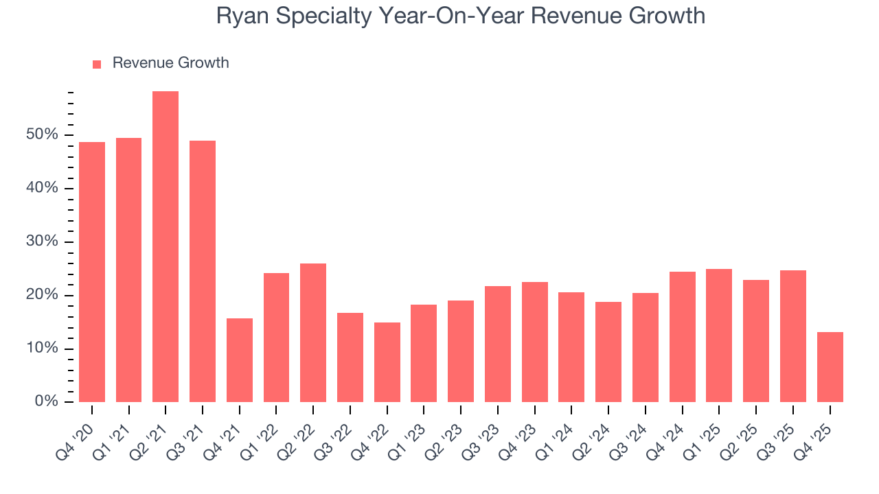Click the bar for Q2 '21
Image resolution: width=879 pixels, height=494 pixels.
(165, 247)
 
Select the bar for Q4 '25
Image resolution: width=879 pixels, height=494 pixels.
(830, 367)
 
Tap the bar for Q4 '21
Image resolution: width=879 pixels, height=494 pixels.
(240, 360)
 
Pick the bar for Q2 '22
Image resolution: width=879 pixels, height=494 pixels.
(313, 333)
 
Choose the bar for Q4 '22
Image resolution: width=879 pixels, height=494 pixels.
(387, 362)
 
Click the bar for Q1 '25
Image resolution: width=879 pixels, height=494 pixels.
(719, 336)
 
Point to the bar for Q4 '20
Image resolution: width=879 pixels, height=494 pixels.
(92, 272)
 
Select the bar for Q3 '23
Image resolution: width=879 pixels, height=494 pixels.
(498, 344)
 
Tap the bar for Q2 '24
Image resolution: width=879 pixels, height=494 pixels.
(608, 352)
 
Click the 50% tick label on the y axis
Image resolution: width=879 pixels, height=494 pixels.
(43, 134)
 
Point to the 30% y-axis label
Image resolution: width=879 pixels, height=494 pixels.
(43, 242)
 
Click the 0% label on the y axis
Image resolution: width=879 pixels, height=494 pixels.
(46, 402)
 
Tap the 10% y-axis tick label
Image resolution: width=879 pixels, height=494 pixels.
(43, 349)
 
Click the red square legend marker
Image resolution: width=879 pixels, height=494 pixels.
(97, 64)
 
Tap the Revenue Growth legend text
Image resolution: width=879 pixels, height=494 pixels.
(170, 63)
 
